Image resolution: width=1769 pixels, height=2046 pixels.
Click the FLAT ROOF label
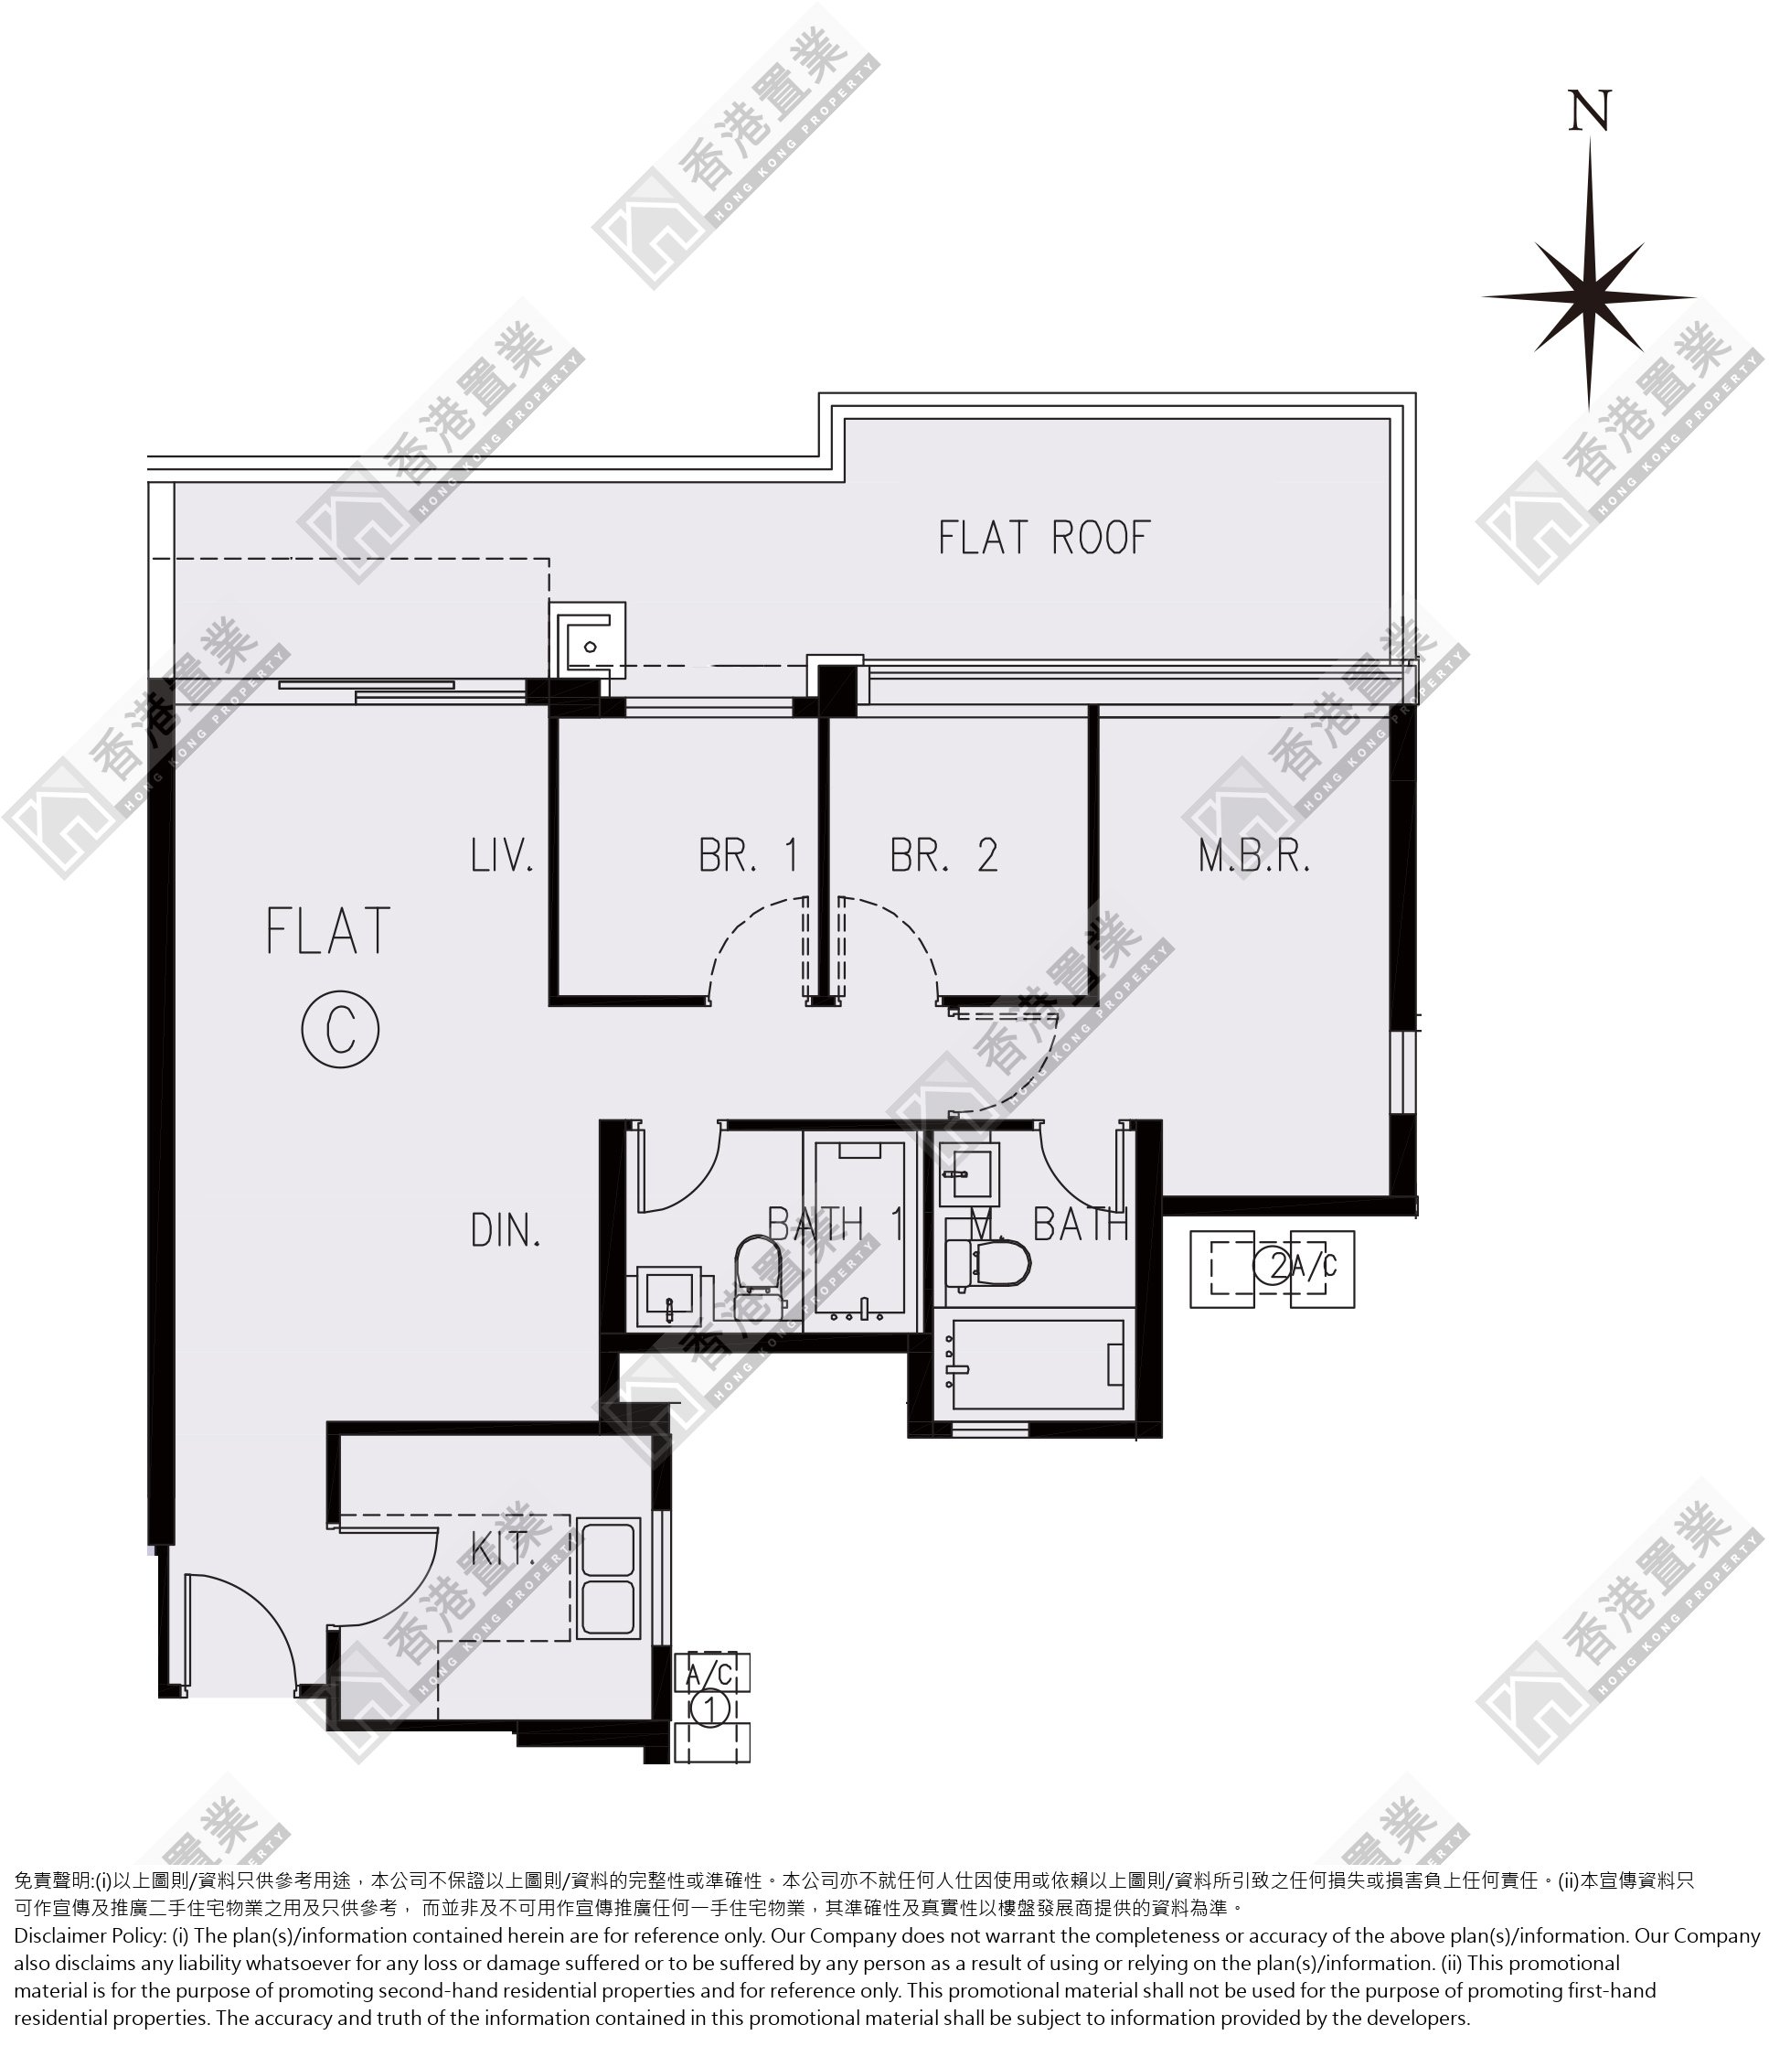[x=1044, y=538]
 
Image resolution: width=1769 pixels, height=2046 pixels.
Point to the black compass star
[x=1589, y=295]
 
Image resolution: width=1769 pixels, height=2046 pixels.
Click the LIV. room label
[x=503, y=855]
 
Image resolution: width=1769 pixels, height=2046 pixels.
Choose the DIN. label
[x=506, y=1230]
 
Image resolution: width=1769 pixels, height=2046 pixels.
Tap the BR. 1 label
[x=748, y=855]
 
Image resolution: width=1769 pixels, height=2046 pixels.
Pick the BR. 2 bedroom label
[x=943, y=855]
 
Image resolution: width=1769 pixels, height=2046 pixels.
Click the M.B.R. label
[x=1253, y=855]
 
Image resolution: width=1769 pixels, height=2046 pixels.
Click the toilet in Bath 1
[x=759, y=1267]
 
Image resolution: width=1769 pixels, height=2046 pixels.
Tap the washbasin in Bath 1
[x=668, y=1298]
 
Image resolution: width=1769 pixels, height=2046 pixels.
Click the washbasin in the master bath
[x=968, y=1174]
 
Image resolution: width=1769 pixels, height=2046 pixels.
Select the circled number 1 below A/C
[x=709, y=1708]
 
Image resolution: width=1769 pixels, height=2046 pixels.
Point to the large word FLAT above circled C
[x=327, y=931]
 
